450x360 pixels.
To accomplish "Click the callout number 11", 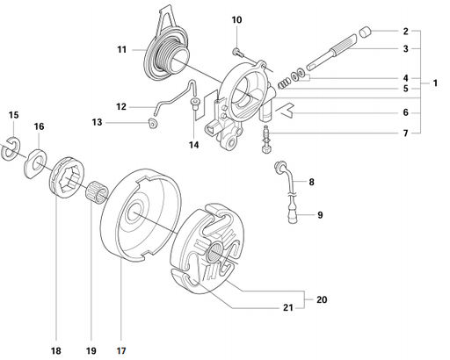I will tap(122, 51).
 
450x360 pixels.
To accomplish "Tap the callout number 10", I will tap(236, 19).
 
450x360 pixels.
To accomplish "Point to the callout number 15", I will tap(12, 115).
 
